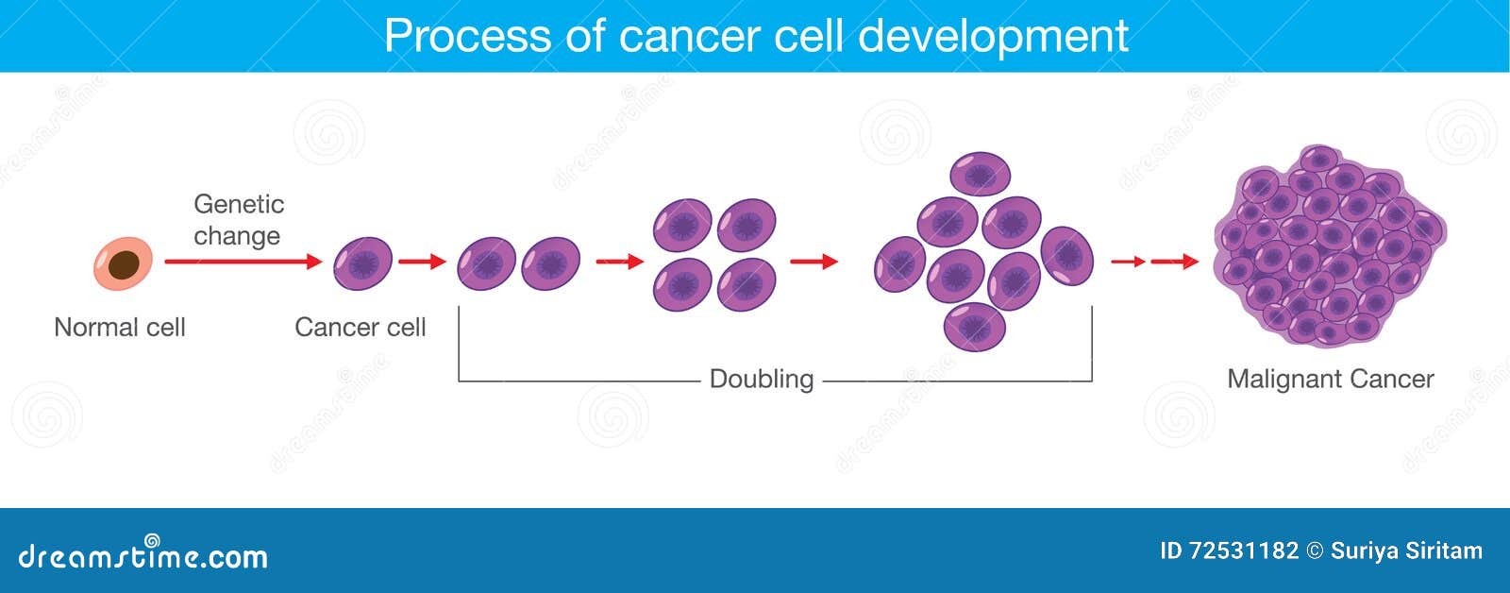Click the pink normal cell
123,263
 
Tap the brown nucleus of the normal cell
124,264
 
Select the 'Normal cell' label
119,328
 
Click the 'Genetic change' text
239,220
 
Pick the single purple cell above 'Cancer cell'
362,263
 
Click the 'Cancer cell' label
360,328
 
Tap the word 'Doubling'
762,380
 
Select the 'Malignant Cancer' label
1330,380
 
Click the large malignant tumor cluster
1330,246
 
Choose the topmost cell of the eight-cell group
981,174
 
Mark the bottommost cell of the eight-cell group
975,328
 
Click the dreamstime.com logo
143,553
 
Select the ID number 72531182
1244,551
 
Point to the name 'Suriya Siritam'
1406,551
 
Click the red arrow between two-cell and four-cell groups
620,261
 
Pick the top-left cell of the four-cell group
682,225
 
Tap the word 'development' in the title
993,36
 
